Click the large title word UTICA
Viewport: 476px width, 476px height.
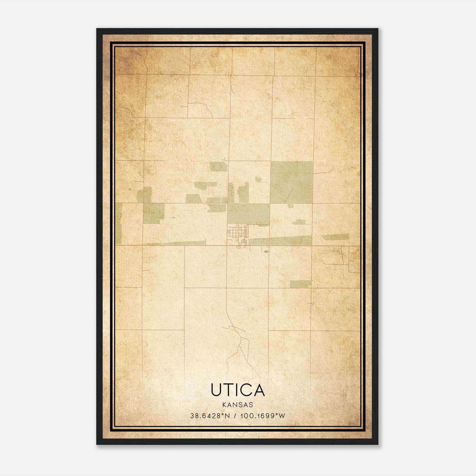point(238,390)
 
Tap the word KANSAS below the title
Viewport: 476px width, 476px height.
point(238,405)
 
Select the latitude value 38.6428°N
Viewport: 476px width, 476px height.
point(210,416)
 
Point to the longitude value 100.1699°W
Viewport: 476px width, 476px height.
point(263,416)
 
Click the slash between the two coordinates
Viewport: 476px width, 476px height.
point(235,416)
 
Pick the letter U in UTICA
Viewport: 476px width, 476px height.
point(216,390)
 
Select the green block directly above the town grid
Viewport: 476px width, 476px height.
point(248,214)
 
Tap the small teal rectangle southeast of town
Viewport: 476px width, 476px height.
point(266,252)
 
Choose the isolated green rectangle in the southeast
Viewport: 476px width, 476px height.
point(300,284)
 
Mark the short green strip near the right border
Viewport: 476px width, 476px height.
point(335,237)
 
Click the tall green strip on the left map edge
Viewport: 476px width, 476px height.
point(118,223)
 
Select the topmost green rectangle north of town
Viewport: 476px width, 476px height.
point(219,166)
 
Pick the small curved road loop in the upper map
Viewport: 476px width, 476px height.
point(200,109)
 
